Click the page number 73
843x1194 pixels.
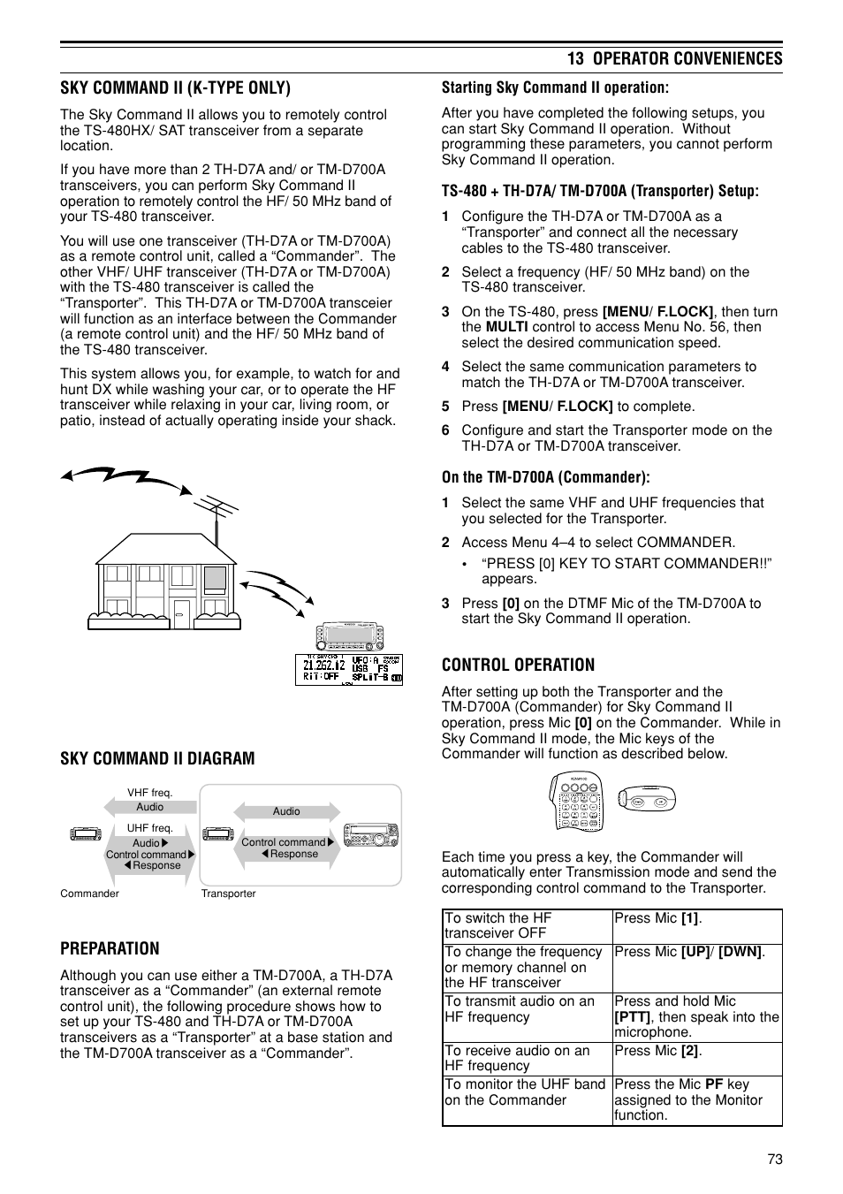(774, 1160)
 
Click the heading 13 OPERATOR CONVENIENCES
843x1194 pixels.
(674, 58)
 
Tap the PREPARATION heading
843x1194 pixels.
(110, 948)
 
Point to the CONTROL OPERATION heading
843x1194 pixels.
(518, 665)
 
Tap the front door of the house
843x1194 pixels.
(181, 613)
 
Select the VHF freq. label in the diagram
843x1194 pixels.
(149, 793)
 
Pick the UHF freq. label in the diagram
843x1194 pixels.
(149, 828)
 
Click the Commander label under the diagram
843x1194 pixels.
(89, 894)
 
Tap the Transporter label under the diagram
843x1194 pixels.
(228, 894)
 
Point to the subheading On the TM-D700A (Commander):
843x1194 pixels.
(545, 477)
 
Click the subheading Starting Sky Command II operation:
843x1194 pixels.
(555, 87)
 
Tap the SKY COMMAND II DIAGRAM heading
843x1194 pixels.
(157, 758)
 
